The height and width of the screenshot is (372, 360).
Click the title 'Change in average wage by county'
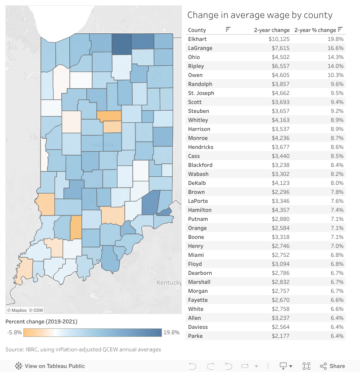pos(260,15)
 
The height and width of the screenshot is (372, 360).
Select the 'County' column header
pos(197,30)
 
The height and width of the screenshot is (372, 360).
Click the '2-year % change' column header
pos(315,30)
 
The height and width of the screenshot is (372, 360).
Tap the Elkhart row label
pos(197,39)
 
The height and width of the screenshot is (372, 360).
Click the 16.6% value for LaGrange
pos(336,48)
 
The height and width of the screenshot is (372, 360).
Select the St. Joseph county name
pos(201,93)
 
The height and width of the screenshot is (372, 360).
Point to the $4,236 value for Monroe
pos(280,138)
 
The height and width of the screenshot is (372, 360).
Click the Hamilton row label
pos(200,210)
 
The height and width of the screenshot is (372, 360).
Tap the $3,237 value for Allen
pos(280,318)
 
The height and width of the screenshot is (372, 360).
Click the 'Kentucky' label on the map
pos(169,282)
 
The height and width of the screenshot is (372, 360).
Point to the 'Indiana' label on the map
pos(103,145)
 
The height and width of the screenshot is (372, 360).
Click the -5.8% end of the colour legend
pos(14,333)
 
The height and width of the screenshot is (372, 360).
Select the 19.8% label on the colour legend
pos(171,333)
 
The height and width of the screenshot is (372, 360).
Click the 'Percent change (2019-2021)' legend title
pos(41,322)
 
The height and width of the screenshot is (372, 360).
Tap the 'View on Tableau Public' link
pos(54,366)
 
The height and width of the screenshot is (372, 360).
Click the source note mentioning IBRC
pos(83,350)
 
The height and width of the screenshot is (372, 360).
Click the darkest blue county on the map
pos(121,45)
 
